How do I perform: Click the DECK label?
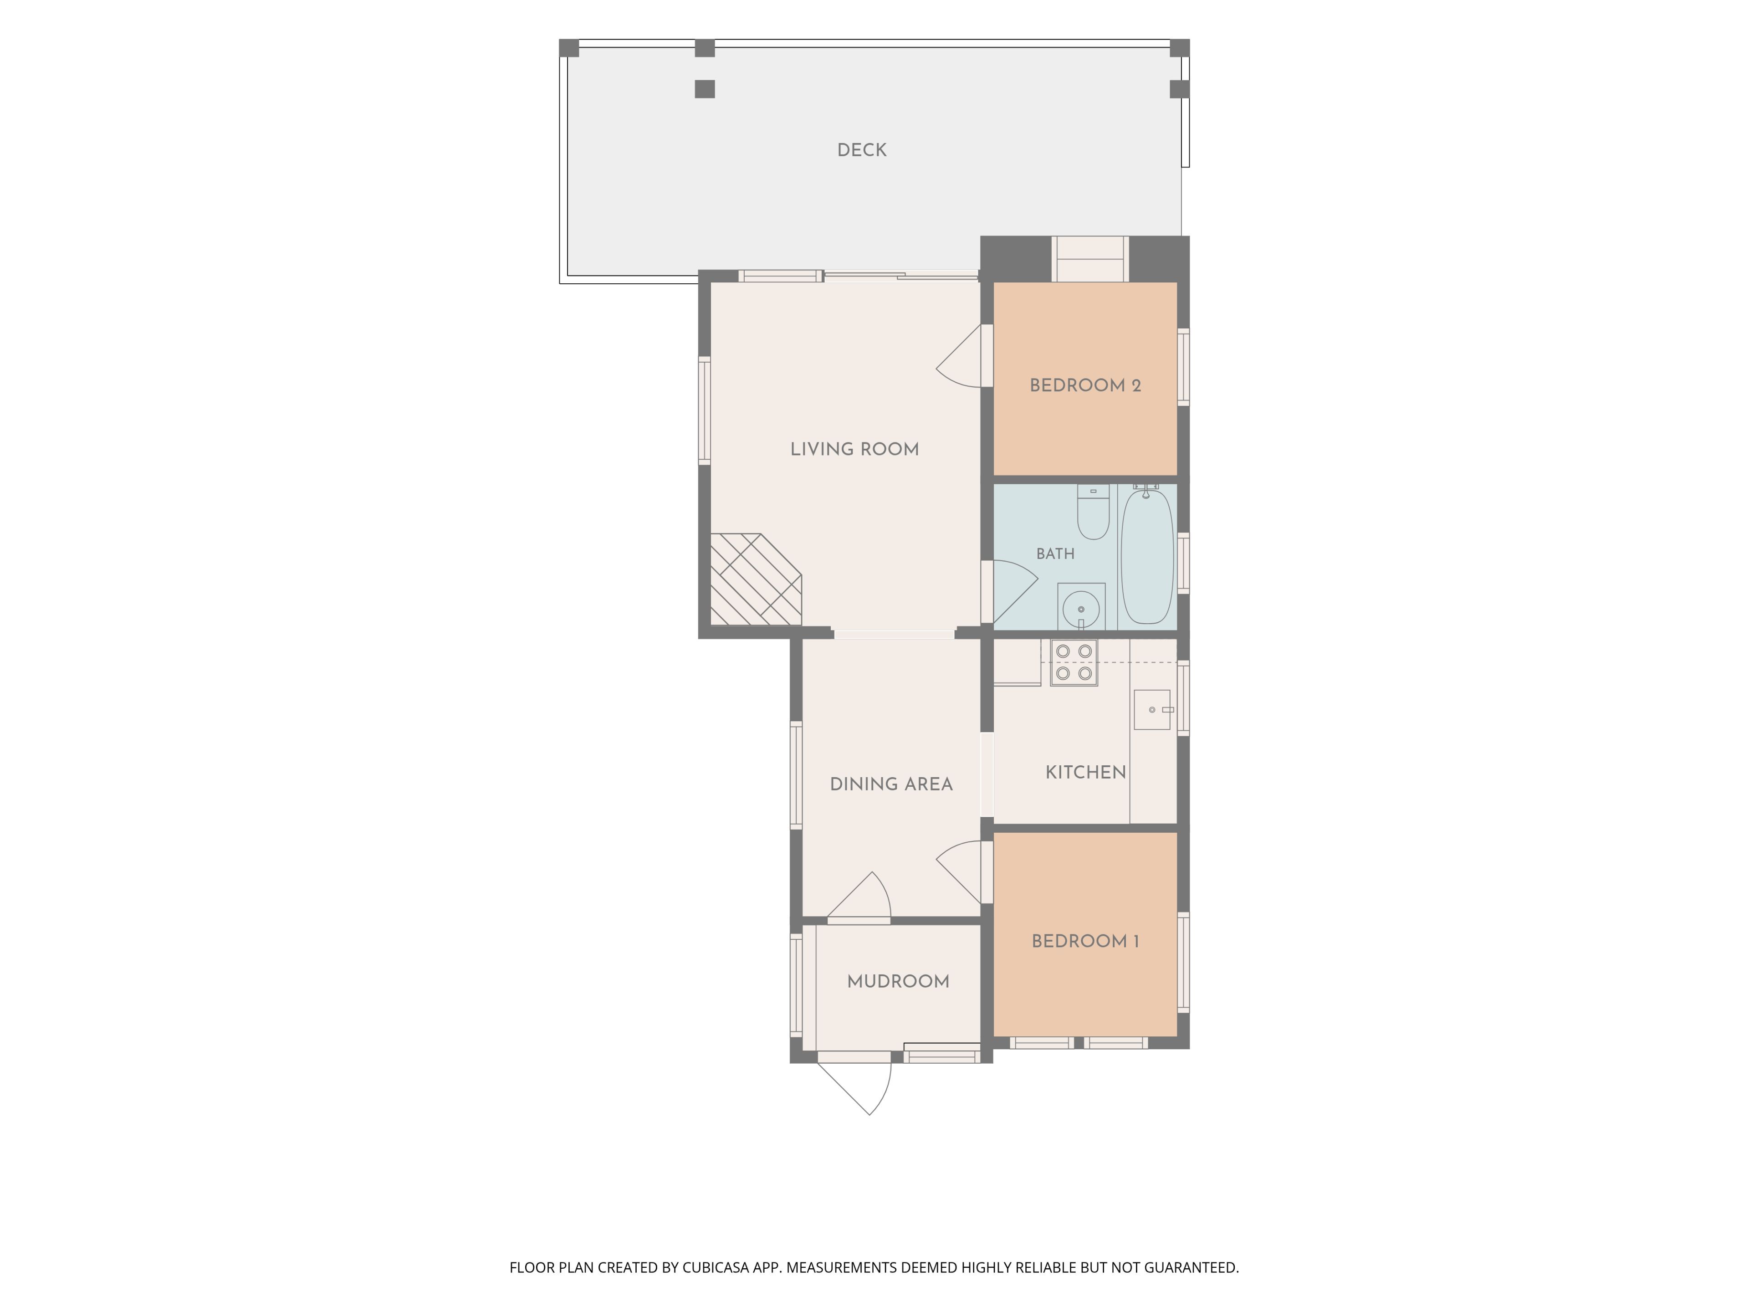tap(862, 150)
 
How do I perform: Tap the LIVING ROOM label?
tap(855, 449)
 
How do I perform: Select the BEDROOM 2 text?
tap(1085, 386)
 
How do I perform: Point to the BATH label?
tap(1056, 553)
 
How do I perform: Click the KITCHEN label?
tap(1086, 773)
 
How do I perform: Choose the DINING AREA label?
tap(891, 784)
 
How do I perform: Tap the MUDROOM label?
tap(898, 981)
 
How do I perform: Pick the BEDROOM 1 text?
tap(1085, 941)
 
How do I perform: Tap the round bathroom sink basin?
tap(1081, 610)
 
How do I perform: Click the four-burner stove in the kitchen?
tap(1074, 663)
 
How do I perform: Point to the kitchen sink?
tap(1152, 709)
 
